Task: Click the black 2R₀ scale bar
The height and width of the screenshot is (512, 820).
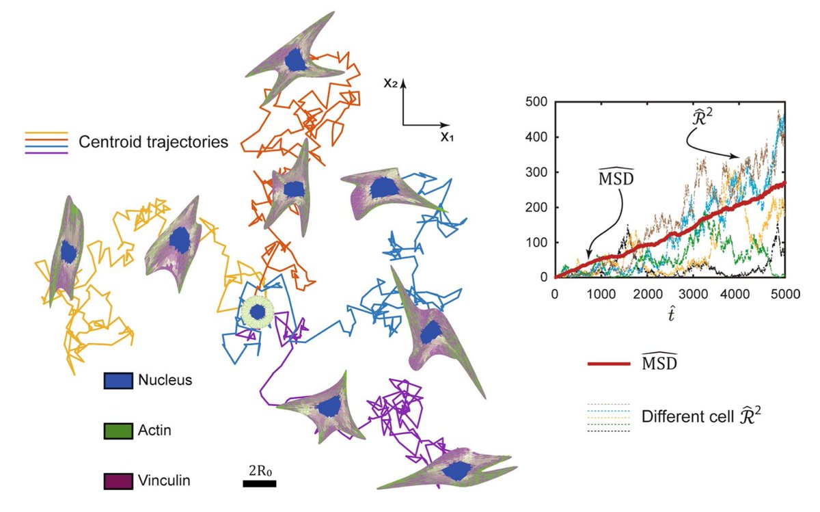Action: pyautogui.click(x=260, y=483)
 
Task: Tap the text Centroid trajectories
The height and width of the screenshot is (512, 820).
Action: pyautogui.click(x=153, y=143)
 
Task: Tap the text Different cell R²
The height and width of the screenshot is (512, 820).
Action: pyautogui.click(x=701, y=416)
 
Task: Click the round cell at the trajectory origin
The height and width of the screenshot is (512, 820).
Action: pyautogui.click(x=257, y=312)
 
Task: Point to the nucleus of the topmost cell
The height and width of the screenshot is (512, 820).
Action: pyautogui.click(x=295, y=60)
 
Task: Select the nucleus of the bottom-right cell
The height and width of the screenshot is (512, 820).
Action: pyautogui.click(x=455, y=470)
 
